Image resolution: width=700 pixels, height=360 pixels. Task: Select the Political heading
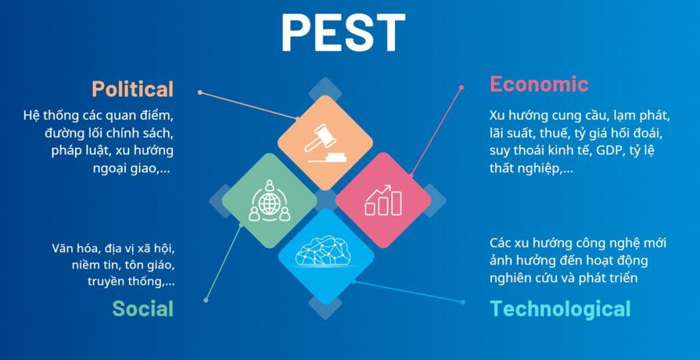click(133, 89)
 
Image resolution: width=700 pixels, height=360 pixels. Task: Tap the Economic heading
click(539, 84)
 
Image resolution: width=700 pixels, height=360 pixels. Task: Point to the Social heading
click(143, 308)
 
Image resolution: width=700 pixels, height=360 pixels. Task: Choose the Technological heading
click(560, 309)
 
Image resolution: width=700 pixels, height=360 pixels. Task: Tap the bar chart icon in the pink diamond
click(383, 199)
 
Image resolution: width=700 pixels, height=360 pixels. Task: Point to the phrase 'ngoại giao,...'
click(131, 168)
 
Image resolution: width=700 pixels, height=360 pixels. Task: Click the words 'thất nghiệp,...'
click(531, 168)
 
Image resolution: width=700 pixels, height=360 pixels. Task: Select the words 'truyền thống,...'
click(130, 281)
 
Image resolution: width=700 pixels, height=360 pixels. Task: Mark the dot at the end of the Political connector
click(200, 92)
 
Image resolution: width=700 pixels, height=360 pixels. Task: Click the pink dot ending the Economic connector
click(461, 87)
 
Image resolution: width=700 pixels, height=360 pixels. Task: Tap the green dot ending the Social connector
click(206, 299)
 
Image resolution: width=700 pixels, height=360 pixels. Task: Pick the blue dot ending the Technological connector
click(463, 302)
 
